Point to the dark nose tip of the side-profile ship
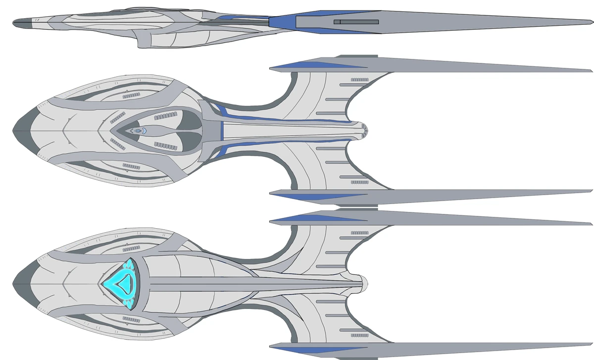[x=19, y=23]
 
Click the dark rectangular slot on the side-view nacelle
[x=356, y=22]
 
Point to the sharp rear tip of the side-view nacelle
[x=590, y=23]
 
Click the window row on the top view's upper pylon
[x=359, y=79]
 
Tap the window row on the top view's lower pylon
[x=359, y=182]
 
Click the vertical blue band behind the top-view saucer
[x=222, y=130]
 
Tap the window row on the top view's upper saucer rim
[x=131, y=95]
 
